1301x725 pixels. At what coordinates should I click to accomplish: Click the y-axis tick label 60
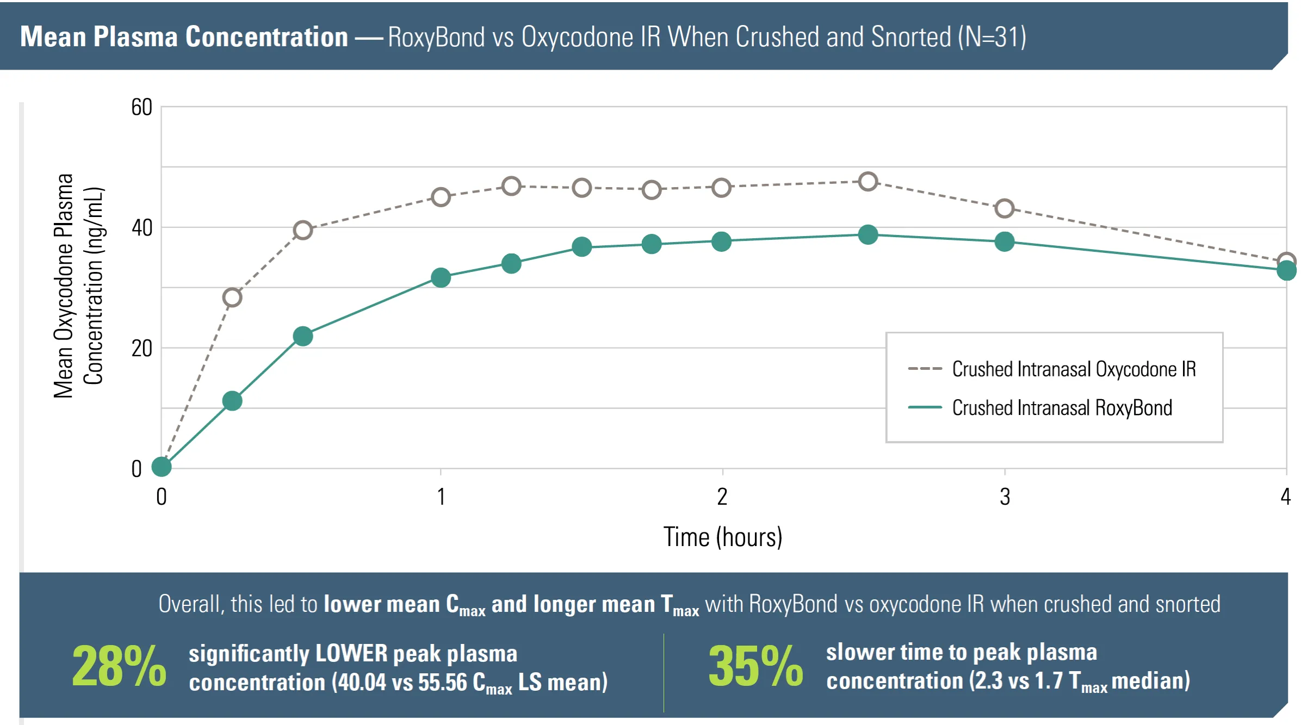[x=141, y=108]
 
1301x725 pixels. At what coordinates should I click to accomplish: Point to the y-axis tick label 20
[x=141, y=349]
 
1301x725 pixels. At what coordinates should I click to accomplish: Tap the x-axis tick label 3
[x=1005, y=497]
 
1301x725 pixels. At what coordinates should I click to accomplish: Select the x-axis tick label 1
[x=441, y=497]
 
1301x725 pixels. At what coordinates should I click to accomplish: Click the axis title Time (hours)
[x=722, y=537]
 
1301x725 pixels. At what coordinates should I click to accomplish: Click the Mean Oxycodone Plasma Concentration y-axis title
[x=78, y=286]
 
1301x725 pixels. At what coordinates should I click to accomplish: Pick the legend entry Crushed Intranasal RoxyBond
[x=1062, y=408]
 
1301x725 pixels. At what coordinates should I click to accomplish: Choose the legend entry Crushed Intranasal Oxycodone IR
[x=1074, y=369]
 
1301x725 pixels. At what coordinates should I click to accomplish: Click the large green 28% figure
[x=119, y=667]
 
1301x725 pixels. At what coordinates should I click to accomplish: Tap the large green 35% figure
[x=755, y=667]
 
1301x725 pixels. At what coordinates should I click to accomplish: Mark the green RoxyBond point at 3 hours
[x=1005, y=241]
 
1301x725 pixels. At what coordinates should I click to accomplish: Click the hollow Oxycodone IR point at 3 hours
[x=1005, y=208]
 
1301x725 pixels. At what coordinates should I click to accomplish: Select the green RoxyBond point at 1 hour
[x=441, y=278]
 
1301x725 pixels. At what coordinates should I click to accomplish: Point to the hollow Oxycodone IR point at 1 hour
[x=441, y=197]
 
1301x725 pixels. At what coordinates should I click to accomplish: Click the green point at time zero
[x=162, y=466]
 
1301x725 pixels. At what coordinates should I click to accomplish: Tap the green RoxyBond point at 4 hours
[x=1286, y=270]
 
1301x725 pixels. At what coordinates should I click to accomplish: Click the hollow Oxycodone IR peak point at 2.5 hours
[x=868, y=182]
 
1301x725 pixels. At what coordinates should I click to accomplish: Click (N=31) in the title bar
[x=992, y=37]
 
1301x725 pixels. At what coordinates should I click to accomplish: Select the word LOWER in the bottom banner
[x=351, y=654]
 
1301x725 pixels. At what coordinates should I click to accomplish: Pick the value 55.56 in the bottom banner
[x=443, y=683]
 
